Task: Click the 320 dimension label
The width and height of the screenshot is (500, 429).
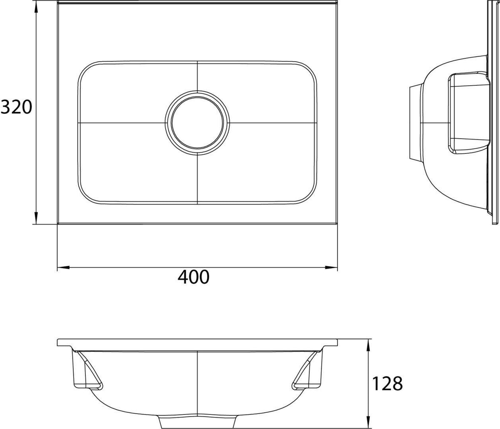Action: pos(16,107)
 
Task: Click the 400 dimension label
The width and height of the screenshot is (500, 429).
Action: pos(193,277)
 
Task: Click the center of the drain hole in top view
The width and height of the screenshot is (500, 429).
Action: pos(197,122)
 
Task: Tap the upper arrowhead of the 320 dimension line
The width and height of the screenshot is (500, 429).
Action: pos(36,12)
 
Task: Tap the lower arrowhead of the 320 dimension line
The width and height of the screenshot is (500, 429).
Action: pos(36,218)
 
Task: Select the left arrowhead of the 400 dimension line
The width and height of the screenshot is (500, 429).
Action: pos(63,267)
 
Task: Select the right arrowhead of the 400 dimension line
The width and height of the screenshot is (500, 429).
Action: pos(331,267)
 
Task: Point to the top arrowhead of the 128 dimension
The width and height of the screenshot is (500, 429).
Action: pos(368,345)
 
